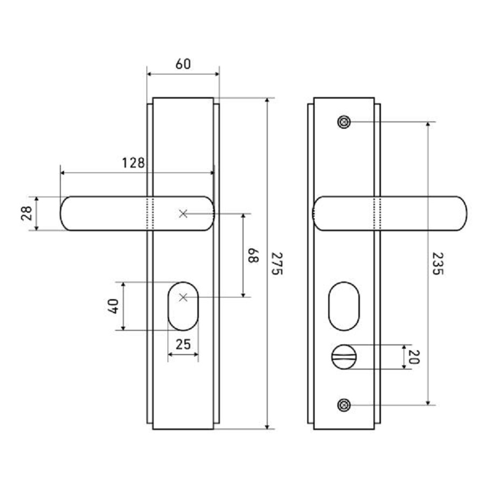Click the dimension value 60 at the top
click(x=183, y=64)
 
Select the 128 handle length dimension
click(x=133, y=163)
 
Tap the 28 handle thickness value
click(x=27, y=213)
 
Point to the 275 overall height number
click(x=277, y=264)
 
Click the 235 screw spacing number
click(x=438, y=264)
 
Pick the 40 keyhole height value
click(x=114, y=306)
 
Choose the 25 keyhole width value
click(x=183, y=344)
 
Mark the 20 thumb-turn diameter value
click(x=414, y=357)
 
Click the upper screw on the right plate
click(x=344, y=122)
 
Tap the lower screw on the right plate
click(x=344, y=405)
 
